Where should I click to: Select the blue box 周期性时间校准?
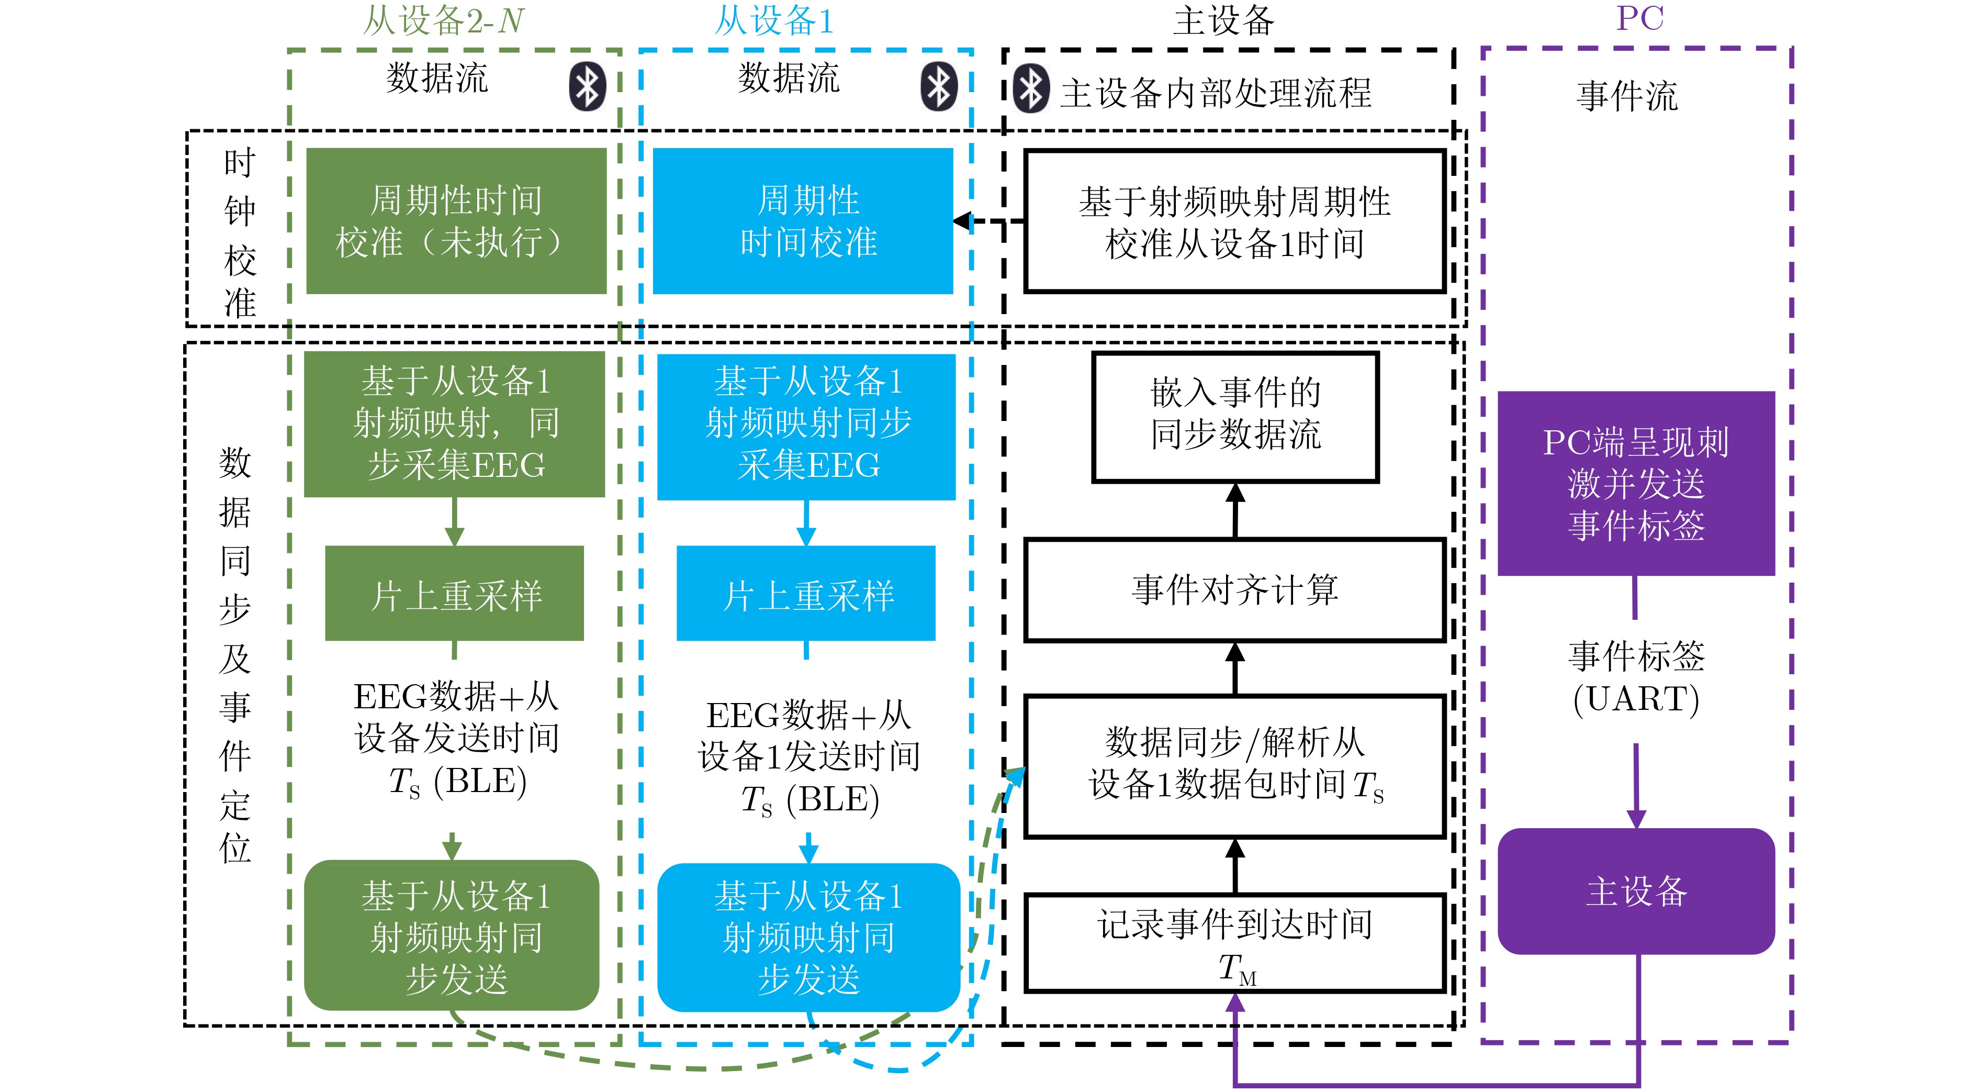[x=802, y=221]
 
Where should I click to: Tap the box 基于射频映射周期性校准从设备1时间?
[x=1234, y=221]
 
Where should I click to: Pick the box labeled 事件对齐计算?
[x=1234, y=590]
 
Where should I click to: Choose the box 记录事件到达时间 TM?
[x=1234, y=943]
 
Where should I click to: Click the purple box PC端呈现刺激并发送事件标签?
[x=1636, y=483]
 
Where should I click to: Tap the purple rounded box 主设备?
[x=1636, y=891]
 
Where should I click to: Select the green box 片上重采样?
[x=455, y=594]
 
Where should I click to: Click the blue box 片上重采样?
[x=805, y=594]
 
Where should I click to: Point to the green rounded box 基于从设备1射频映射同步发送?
[x=452, y=935]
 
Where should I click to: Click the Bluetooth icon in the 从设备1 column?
[x=938, y=86]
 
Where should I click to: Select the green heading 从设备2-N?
[x=443, y=21]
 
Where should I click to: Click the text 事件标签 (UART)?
[x=1636, y=677]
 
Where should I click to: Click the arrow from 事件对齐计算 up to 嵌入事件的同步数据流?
[x=1235, y=511]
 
